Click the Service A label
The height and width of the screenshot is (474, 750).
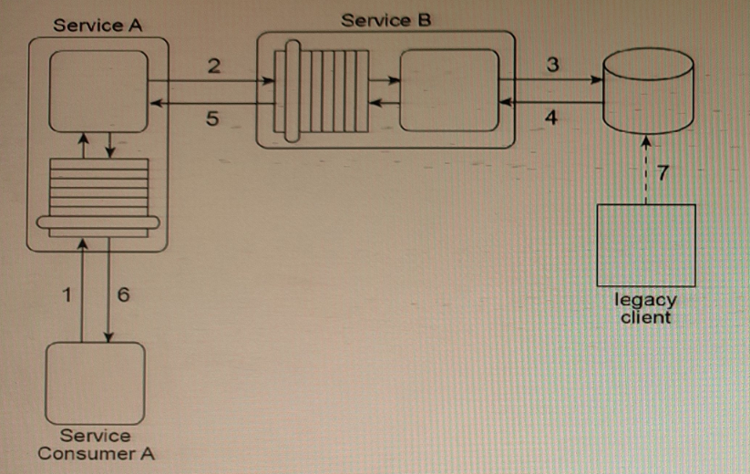point(98,26)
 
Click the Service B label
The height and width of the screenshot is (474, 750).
point(385,19)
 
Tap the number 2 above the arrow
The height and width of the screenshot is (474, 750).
point(213,65)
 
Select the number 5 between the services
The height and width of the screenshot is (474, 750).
point(211,118)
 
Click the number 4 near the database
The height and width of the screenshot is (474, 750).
point(550,117)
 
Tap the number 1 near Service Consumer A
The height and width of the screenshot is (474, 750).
point(65,294)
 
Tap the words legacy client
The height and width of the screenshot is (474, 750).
point(646,308)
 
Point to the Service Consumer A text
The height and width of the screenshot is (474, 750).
point(96,445)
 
